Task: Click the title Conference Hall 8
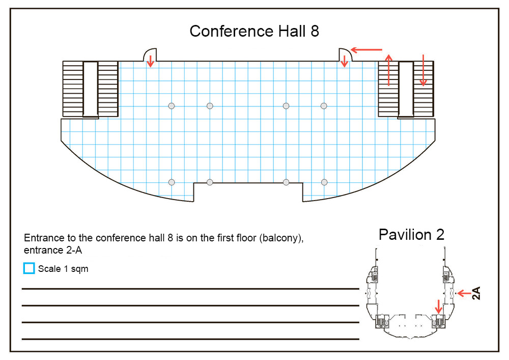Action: [254, 31]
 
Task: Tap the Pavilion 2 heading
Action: [411, 234]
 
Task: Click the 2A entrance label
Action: [476, 293]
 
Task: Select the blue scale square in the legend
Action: [30, 268]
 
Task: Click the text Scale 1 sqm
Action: [63, 269]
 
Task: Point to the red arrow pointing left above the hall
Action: [367, 50]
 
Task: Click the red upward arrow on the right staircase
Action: [389, 70]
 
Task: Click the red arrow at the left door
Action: [150, 62]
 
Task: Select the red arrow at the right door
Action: [345, 61]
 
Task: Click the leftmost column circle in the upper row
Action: [172, 105]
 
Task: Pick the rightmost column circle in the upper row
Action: [324, 105]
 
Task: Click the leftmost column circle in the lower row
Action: [172, 182]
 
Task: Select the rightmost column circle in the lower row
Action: [324, 182]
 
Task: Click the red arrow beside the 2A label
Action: [464, 293]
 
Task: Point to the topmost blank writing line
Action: [190, 289]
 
